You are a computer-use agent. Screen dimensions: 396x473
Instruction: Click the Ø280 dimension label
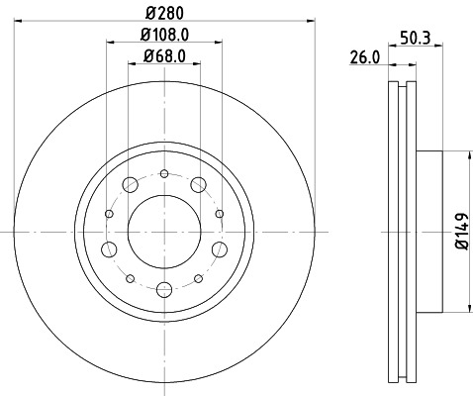pyautogui.click(x=162, y=12)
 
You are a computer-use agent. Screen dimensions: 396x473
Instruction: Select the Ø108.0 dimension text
pyautogui.click(x=162, y=37)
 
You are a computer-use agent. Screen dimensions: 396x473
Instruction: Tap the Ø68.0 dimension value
pyautogui.click(x=163, y=56)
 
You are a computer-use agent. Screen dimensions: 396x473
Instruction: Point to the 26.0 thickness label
pyautogui.click(x=366, y=58)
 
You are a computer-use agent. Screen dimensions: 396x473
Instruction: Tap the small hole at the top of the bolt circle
pyautogui.click(x=163, y=174)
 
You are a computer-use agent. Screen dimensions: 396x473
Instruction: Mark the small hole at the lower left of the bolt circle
pyautogui.click(x=130, y=275)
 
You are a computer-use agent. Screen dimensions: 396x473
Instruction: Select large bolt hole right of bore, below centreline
pyautogui.click(x=218, y=248)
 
